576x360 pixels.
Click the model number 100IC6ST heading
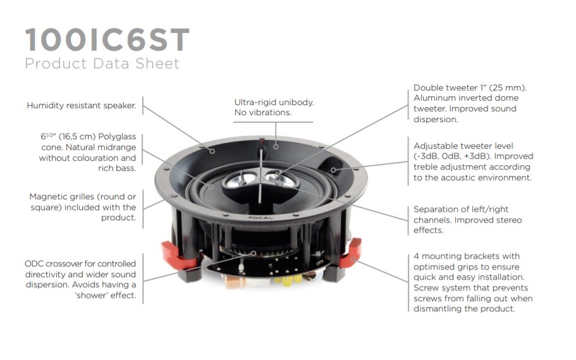107,39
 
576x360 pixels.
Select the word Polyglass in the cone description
117,137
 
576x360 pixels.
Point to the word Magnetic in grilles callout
46,197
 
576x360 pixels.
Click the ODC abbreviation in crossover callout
34,264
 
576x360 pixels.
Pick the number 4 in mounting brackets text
416,256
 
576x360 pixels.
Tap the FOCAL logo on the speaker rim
261,218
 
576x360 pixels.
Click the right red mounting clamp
350,252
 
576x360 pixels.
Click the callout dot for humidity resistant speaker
212,151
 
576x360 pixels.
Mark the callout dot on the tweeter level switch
333,170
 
